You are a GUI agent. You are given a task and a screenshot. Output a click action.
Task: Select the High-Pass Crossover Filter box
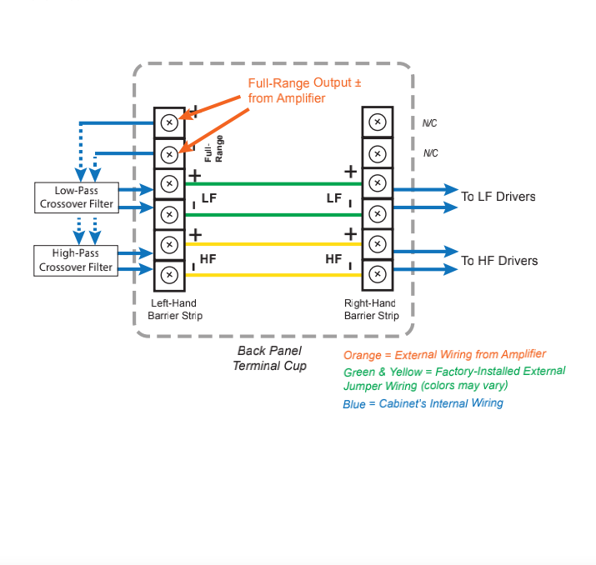pyautogui.click(x=76, y=260)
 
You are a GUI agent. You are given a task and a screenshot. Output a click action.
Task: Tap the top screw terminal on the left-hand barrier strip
pyautogui.click(x=169, y=122)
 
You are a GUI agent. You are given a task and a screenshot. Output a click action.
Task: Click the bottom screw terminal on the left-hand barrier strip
pyautogui.click(x=169, y=274)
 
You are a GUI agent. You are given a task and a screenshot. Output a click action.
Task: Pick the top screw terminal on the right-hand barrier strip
pyautogui.click(x=377, y=122)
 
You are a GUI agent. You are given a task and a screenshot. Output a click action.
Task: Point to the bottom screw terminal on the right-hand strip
pyautogui.click(x=377, y=274)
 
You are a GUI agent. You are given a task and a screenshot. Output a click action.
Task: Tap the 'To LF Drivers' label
pyautogui.click(x=498, y=197)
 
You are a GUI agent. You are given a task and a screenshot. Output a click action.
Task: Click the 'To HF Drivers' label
pyautogui.click(x=499, y=261)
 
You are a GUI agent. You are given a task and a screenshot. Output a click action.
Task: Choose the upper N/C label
pyautogui.click(x=429, y=123)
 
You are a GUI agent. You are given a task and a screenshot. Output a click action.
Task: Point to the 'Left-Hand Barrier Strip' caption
pyautogui.click(x=175, y=309)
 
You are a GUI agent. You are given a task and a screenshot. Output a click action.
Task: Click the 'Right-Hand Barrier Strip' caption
pyautogui.click(x=372, y=309)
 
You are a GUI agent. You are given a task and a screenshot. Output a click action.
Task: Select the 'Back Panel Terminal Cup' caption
pyautogui.click(x=269, y=358)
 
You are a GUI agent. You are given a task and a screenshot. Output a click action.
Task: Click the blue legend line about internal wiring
pyautogui.click(x=423, y=404)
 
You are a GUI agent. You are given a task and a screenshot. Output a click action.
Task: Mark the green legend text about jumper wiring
pyautogui.click(x=453, y=378)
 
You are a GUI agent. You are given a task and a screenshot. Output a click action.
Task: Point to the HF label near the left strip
pyautogui.click(x=208, y=259)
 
